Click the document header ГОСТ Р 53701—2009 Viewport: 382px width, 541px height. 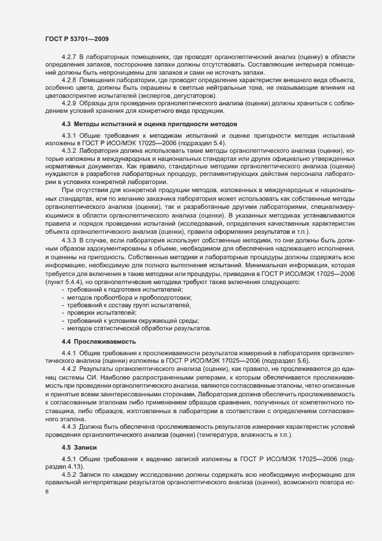pos(75,38)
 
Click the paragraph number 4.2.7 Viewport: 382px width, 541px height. pos(69,57)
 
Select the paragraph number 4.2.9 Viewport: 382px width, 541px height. pos(69,103)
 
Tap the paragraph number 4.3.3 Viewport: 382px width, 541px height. pos(69,239)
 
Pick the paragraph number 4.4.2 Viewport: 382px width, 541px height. pos(69,368)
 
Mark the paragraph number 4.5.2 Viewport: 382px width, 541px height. pos(69,474)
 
